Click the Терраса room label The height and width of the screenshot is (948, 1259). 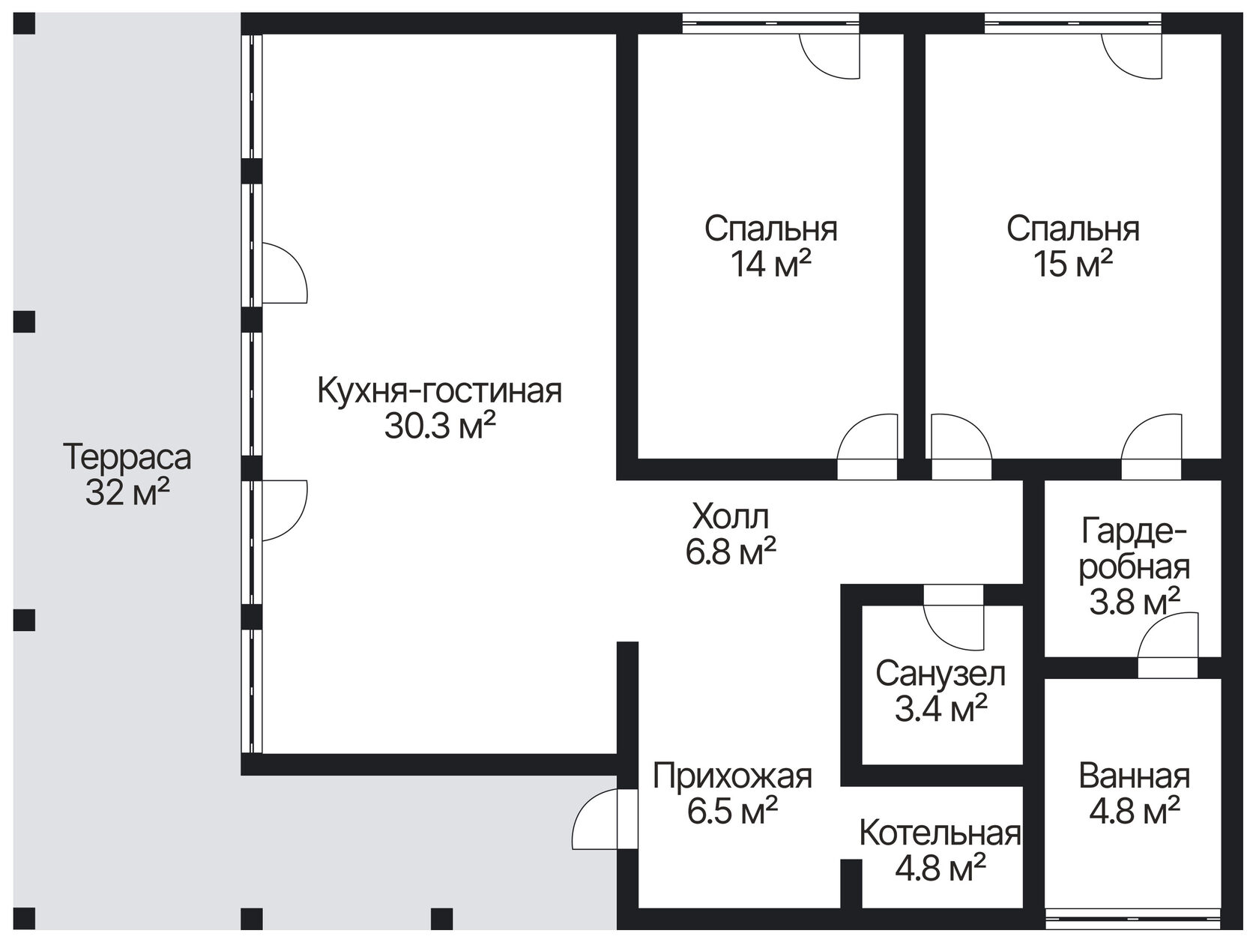[x=127, y=457]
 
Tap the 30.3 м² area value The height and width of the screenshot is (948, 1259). [x=440, y=427]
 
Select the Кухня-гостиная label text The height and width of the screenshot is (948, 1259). [x=440, y=391]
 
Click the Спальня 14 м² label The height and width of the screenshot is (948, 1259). [x=770, y=229]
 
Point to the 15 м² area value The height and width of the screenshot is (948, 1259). [x=1072, y=264]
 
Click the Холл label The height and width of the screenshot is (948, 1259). [x=731, y=517]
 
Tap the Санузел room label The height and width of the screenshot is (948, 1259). [x=941, y=674]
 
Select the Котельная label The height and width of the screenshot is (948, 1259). [x=941, y=833]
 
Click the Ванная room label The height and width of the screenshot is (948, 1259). [x=1134, y=776]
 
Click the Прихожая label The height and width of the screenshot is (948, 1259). [x=732, y=776]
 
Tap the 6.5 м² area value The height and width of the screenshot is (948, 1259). [x=732, y=812]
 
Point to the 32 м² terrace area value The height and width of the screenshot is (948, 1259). [x=127, y=493]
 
